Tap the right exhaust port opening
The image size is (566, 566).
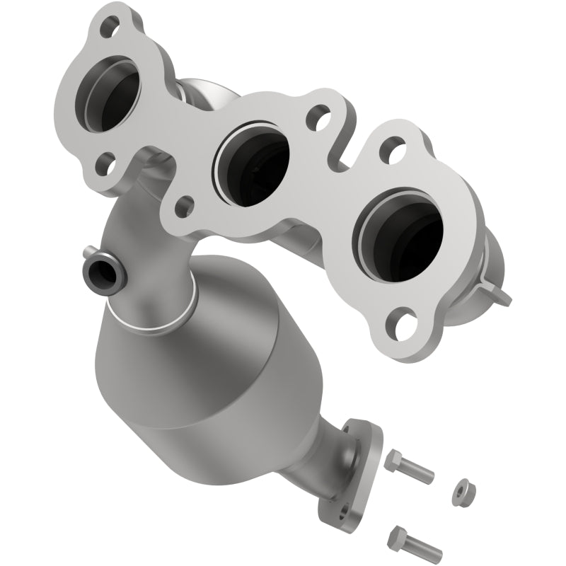click(400, 234)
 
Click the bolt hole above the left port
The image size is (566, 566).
click(110, 28)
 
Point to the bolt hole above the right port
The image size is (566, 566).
click(392, 149)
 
